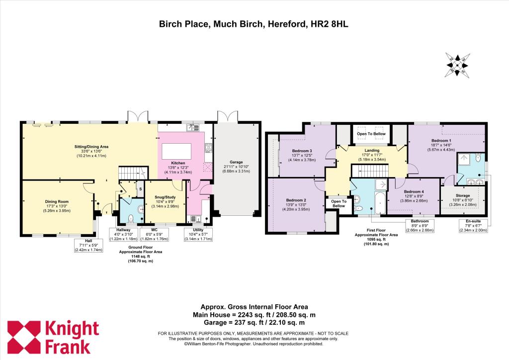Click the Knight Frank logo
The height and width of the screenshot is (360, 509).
click(53, 337)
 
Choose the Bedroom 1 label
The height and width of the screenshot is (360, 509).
click(441, 140)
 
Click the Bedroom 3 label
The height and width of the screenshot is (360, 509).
click(302, 151)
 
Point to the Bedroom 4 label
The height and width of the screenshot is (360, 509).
click(414, 191)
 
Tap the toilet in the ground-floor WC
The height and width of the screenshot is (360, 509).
click(130, 217)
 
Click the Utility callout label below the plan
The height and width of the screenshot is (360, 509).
click(198, 230)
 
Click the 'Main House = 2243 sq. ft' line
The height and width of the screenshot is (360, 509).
click(254, 315)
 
